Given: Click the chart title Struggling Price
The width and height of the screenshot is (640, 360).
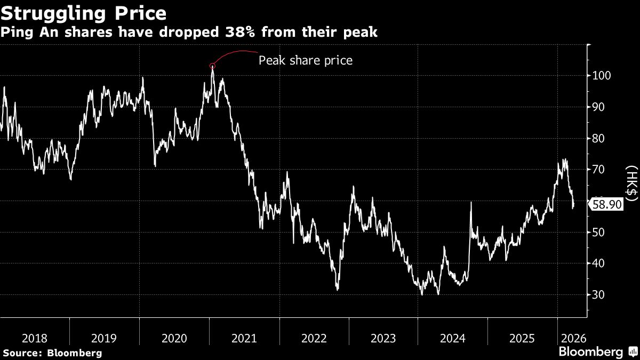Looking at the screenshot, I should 83,12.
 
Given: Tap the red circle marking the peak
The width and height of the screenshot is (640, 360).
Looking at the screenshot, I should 213,66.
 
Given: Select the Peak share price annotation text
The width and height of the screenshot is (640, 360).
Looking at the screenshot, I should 306,60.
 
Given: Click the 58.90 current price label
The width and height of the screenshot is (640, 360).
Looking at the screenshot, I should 608,204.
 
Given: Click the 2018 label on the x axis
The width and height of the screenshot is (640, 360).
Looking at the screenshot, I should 35,338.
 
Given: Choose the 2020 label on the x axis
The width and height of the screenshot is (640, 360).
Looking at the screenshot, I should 174,338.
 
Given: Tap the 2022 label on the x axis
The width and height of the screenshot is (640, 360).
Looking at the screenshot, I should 314,338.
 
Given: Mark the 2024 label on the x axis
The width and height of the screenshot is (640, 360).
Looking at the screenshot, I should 453,338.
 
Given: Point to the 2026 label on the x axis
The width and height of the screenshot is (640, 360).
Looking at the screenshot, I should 572,338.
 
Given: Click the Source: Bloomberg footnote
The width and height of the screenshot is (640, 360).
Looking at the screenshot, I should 52,353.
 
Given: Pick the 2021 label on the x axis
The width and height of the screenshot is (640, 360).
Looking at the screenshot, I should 244,338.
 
